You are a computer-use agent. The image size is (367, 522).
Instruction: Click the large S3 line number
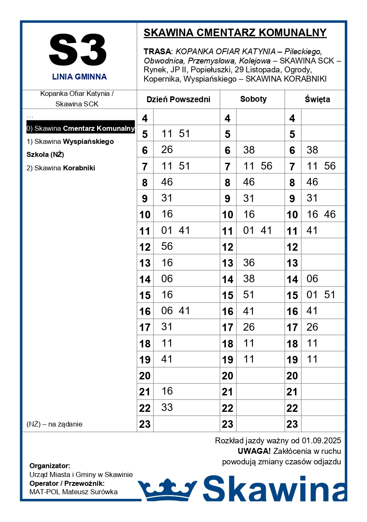(78, 51)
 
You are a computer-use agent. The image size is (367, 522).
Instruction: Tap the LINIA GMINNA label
(79, 77)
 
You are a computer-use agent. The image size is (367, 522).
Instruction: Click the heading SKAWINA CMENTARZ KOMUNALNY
(235, 33)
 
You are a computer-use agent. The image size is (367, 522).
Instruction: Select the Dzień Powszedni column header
(178, 100)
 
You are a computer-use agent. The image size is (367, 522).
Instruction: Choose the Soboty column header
(253, 99)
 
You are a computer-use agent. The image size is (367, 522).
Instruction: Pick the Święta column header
(317, 100)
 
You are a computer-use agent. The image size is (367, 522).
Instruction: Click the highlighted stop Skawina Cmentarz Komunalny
(80, 128)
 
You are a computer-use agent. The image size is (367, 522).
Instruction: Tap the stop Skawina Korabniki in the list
(60, 168)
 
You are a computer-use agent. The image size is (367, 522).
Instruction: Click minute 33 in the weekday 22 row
(167, 407)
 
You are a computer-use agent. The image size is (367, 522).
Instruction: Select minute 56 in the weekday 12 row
(167, 246)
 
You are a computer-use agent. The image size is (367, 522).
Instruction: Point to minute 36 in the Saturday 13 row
(249, 262)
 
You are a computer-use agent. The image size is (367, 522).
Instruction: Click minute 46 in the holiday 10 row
(330, 214)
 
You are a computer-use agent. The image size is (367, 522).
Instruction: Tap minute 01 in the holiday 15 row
(312, 294)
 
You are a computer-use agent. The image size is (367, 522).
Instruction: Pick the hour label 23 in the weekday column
(145, 424)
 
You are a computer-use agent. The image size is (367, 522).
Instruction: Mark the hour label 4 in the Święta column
(292, 119)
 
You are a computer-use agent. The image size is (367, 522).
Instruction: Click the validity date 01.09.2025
(321, 441)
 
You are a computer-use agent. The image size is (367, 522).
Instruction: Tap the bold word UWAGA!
(254, 451)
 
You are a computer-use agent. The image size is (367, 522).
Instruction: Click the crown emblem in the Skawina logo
(168, 489)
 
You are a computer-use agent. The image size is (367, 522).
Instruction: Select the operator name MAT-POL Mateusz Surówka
(73, 492)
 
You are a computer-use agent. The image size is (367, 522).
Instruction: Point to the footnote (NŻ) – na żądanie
(54, 424)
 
